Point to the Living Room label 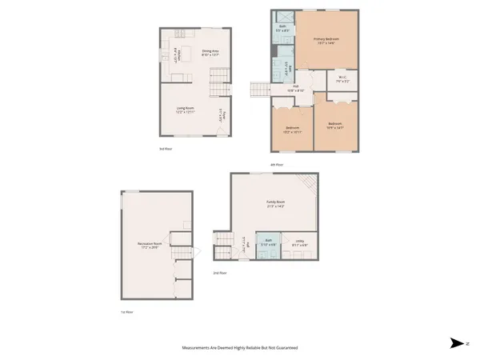pos(187,110)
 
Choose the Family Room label pos(277,204)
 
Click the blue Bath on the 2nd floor pos(269,243)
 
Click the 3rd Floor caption pos(167,149)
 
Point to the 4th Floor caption pos(277,165)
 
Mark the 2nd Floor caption pos(220,273)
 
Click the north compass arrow pos(456,342)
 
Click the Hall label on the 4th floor pos(295,87)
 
